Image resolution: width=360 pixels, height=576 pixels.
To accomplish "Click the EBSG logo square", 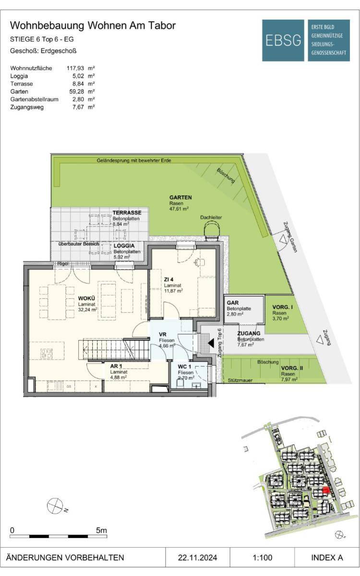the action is click(x=283, y=40).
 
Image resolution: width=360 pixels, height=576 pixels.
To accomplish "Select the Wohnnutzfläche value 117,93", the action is click(x=75, y=68).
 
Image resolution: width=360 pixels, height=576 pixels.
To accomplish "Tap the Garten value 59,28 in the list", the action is click(x=77, y=92).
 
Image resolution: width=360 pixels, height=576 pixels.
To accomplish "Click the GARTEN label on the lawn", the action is click(x=180, y=197).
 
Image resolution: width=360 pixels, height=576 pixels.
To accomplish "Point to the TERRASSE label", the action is click(x=127, y=213).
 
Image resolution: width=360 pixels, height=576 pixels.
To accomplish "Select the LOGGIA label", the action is click(x=124, y=246).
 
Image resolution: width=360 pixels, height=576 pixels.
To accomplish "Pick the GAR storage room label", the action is click(x=233, y=303).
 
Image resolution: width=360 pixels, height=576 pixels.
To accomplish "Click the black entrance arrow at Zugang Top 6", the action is click(x=211, y=343).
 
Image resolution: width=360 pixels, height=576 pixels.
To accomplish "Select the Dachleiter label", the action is click(x=211, y=217).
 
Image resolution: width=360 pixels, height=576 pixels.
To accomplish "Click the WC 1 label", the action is click(x=184, y=367).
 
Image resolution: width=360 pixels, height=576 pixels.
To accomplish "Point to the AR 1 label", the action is click(x=116, y=366).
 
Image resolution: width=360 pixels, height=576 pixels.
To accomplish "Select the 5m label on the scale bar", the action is click(x=101, y=530).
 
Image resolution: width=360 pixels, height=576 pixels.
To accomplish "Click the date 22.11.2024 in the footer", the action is click(x=197, y=557).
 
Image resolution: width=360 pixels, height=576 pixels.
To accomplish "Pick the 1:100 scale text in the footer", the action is click(x=262, y=557).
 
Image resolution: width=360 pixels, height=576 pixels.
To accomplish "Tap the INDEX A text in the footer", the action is click(x=327, y=557).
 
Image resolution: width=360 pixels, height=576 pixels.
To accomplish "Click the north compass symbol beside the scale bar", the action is click(x=55, y=505).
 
